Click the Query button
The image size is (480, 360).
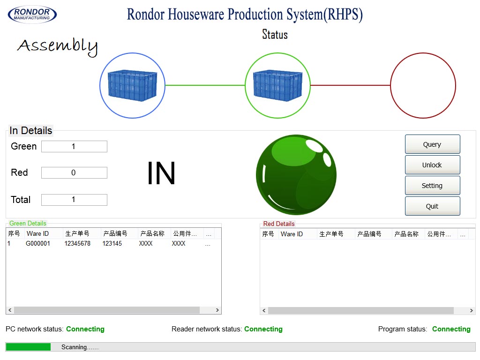(x=432, y=144)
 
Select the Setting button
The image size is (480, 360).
(x=432, y=186)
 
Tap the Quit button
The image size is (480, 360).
(x=432, y=206)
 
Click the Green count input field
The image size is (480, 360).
(x=74, y=147)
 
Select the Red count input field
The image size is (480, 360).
(x=74, y=173)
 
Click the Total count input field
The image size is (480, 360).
(x=74, y=200)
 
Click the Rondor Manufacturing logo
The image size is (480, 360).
(x=32, y=14)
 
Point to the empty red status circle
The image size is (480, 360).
(x=423, y=85)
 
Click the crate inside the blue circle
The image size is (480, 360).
(x=132, y=85)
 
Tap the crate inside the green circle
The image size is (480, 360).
(x=277, y=85)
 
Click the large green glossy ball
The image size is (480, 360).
(x=296, y=175)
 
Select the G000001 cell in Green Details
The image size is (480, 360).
(x=38, y=244)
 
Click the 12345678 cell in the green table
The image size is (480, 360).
(x=77, y=244)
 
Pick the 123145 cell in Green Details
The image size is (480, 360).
(x=112, y=244)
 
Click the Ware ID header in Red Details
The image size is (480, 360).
(x=292, y=234)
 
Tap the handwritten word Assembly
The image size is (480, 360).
(x=58, y=46)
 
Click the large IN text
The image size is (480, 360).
(x=161, y=173)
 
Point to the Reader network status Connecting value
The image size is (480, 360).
(x=263, y=329)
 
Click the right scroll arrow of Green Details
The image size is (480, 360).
(x=217, y=310)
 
